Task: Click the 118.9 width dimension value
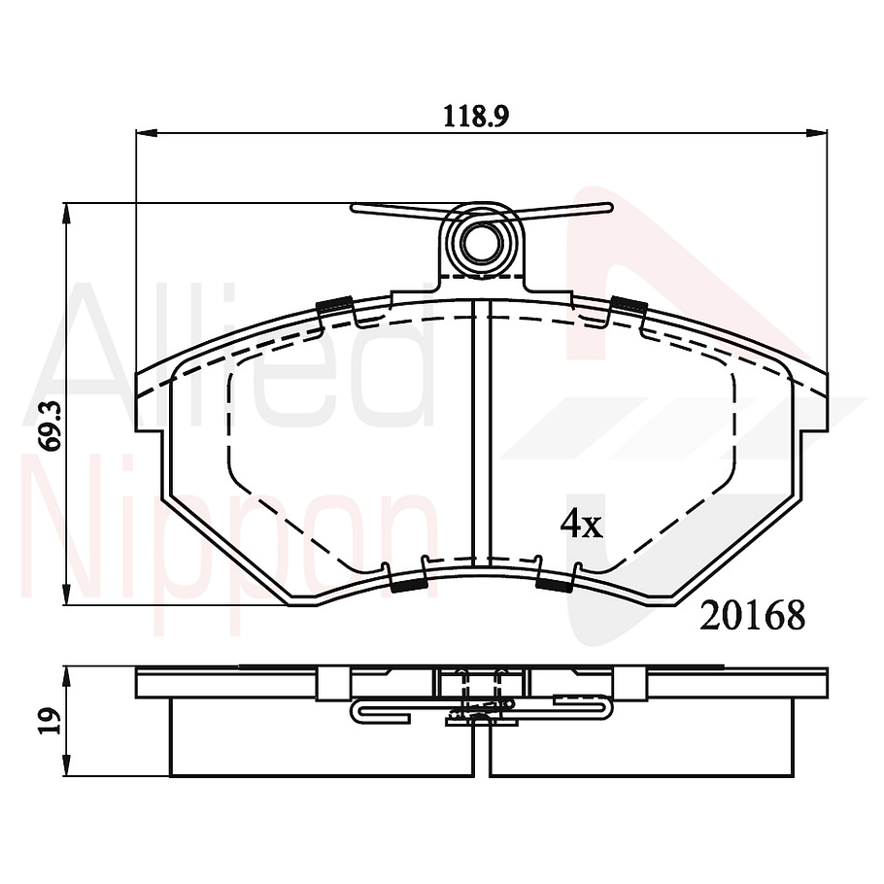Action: click(x=477, y=116)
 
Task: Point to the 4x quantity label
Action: click(x=581, y=526)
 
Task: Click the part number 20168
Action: click(x=753, y=615)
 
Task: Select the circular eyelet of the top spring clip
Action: click(x=480, y=241)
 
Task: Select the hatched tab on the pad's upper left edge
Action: click(x=335, y=305)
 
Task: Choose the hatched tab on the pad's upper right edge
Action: click(x=629, y=305)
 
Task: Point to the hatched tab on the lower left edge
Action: click(x=407, y=585)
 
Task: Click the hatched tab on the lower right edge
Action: click(x=555, y=584)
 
